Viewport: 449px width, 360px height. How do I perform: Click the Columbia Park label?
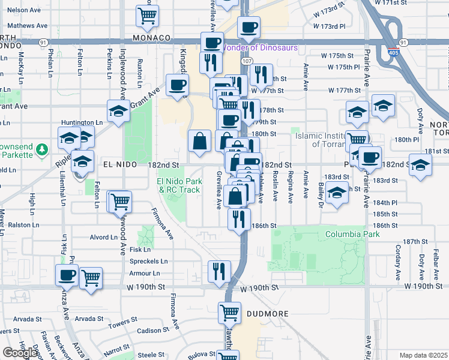coord(352,234)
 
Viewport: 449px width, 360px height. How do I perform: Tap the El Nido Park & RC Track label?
coord(178,185)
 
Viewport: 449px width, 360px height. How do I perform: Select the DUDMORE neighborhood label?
coord(268,314)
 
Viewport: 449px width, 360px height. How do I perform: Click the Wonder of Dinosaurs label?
coord(260,47)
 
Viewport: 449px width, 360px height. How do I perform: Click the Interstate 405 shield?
coord(393,53)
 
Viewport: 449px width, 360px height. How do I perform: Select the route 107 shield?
coord(247,61)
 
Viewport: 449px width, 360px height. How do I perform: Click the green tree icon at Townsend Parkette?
coord(41,148)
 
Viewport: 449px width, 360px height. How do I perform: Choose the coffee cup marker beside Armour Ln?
coord(67,274)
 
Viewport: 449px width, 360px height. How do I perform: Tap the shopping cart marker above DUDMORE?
coord(229,312)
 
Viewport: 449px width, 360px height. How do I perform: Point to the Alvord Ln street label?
coord(104,237)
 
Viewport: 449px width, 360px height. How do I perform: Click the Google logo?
coord(20,353)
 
